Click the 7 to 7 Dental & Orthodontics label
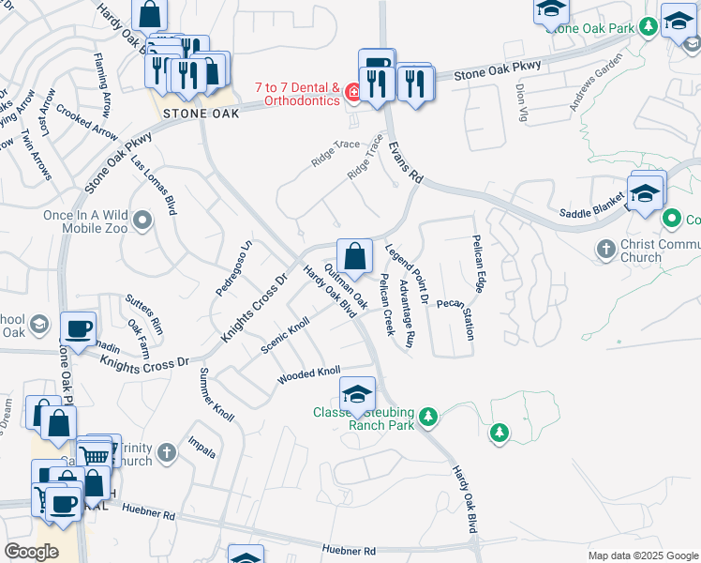click(297, 94)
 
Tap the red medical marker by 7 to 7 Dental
click(353, 92)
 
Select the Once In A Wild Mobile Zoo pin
click(142, 221)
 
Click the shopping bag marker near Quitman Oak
click(354, 255)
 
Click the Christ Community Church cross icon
click(605, 250)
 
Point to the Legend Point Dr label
click(407, 273)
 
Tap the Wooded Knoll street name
click(308, 375)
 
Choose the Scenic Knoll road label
click(285, 337)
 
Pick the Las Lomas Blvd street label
click(154, 185)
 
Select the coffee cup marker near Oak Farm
click(78, 328)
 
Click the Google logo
click(31, 552)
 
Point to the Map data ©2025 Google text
click(642, 555)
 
